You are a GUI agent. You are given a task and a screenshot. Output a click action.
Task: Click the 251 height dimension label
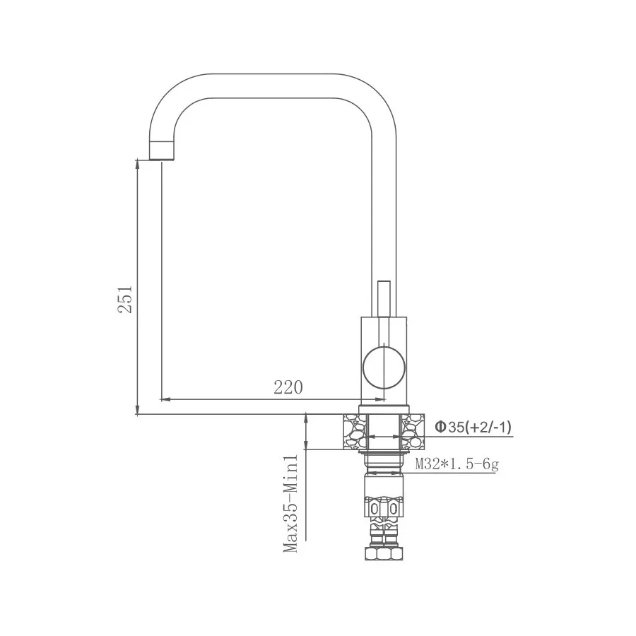tap(125, 299)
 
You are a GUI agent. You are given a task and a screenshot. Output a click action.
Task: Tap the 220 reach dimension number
tap(288, 387)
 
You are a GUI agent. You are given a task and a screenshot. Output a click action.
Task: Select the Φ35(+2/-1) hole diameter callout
tap(473, 427)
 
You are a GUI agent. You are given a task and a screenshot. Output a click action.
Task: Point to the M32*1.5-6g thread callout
tap(457, 464)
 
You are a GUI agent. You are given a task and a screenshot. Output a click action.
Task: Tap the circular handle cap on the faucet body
tap(384, 368)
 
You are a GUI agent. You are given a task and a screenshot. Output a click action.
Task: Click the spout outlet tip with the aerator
tap(162, 150)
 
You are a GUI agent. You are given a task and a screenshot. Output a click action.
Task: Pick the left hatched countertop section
tap(355, 432)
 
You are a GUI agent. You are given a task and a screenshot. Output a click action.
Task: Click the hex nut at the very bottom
tap(384, 553)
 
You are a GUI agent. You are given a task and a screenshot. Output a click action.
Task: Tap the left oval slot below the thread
tap(376, 509)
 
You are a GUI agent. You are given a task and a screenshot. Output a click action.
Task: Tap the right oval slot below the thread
tap(391, 509)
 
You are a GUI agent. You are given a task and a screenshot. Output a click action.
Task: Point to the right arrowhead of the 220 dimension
tap(356, 399)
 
